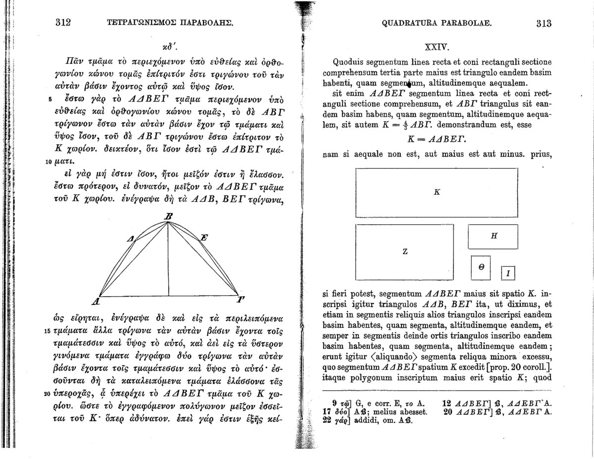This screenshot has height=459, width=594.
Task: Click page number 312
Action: pyautogui.click(x=64, y=22)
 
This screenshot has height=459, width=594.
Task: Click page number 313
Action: pyautogui.click(x=543, y=23)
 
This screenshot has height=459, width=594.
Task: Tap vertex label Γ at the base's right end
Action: pyautogui.click(x=241, y=300)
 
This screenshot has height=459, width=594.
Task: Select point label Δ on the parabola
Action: pyautogui.click(x=131, y=240)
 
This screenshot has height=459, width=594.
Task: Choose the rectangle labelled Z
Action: pyautogui.click(x=404, y=251)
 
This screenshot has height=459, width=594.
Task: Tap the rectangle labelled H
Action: pyautogui.click(x=493, y=237)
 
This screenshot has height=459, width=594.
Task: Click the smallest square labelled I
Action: pyautogui.click(x=508, y=273)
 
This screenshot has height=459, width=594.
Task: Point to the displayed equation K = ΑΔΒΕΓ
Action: pyautogui.click(x=436, y=141)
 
